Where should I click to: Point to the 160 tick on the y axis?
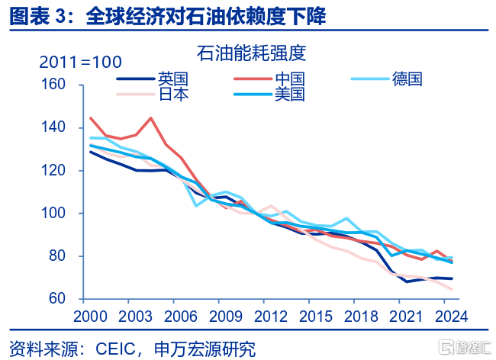pyautogui.click(x=54, y=84)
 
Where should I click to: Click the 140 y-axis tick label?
pyautogui.click(x=54, y=127)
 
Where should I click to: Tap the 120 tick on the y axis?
pyautogui.click(x=54, y=170)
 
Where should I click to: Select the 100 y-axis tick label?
pyautogui.click(x=54, y=214)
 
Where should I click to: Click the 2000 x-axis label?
pyautogui.click(x=90, y=315)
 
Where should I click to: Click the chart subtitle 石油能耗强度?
pyautogui.click(x=251, y=53)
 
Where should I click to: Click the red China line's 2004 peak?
pyautogui.click(x=150, y=118)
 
